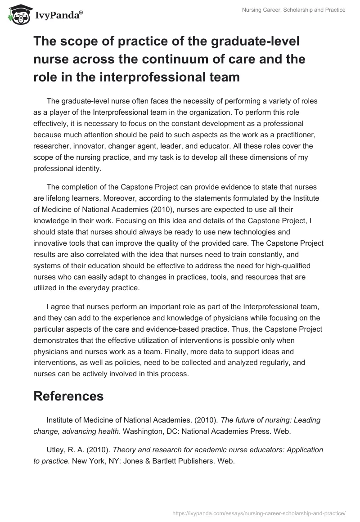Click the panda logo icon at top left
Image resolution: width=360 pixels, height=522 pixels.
[17, 13]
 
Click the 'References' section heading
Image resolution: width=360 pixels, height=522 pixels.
[68, 396]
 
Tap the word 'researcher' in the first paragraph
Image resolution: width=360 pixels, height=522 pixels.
[52, 146]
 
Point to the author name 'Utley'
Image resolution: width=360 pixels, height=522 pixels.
[56, 450]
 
